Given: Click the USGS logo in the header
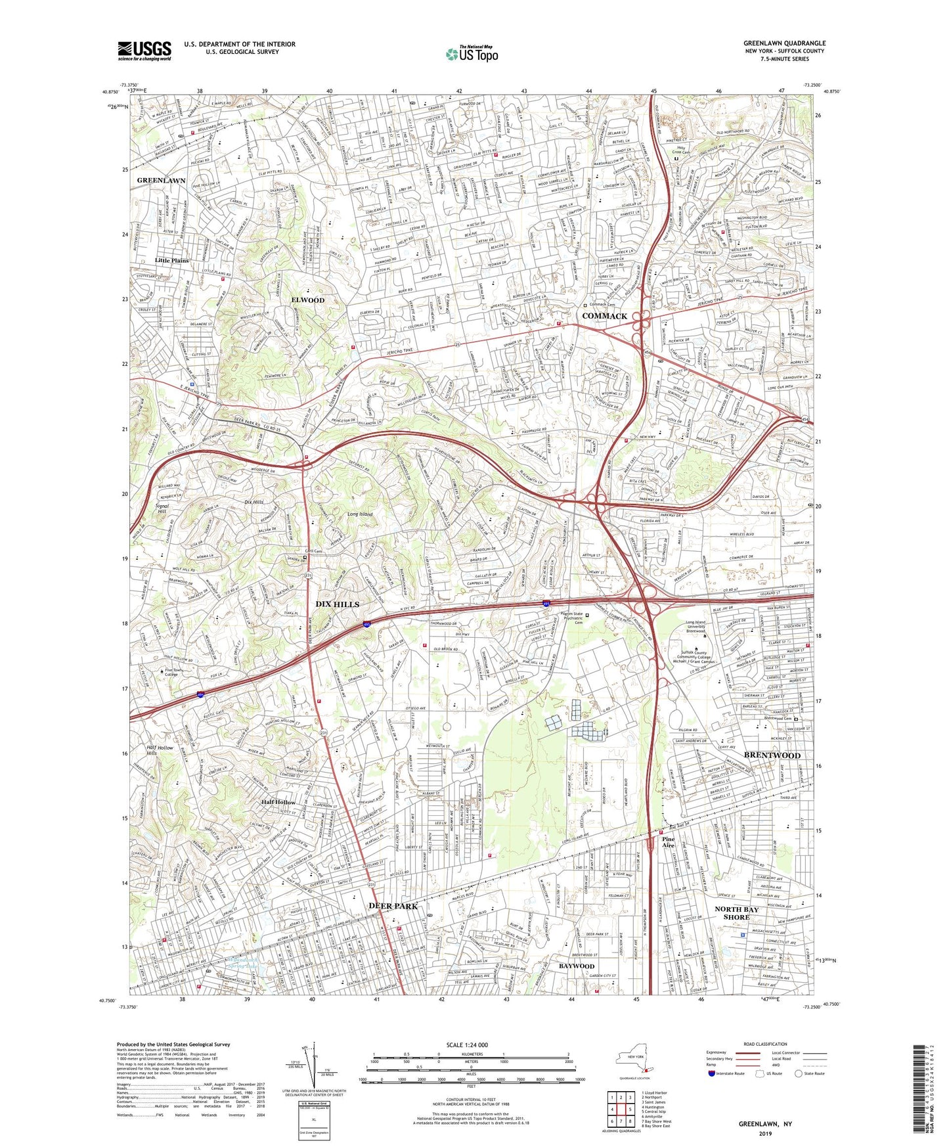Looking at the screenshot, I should pos(144,50).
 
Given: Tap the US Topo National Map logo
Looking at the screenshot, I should pos(472,54).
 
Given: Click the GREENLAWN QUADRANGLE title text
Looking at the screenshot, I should pos(784,43).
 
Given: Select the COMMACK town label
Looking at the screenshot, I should pos(604,316).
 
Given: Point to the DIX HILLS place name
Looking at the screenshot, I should pos(338,604).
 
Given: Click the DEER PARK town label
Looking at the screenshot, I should pos(393,906).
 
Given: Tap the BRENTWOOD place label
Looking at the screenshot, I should pos(772,755).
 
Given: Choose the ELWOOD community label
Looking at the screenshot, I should pos(308,300).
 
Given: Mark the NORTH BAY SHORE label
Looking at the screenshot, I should pos(736,913).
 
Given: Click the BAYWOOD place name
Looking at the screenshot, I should pos(576,966).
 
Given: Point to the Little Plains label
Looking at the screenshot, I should pos(171,260).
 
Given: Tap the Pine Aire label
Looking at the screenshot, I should pos(668,843).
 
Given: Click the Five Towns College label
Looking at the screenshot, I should pos(170,672).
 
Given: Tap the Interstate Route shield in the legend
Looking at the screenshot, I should pos(712,1073).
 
